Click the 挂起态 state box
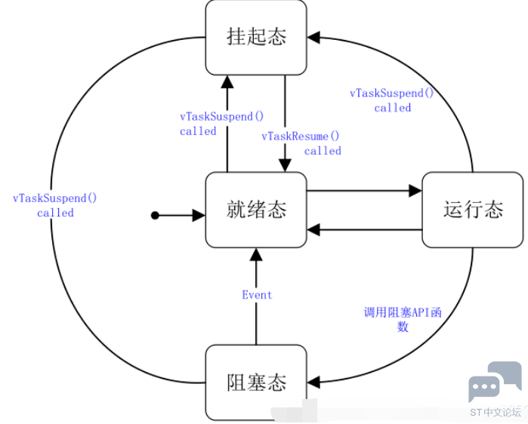click(x=256, y=37)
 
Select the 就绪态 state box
click(x=256, y=209)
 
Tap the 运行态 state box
click(x=473, y=209)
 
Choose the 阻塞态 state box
click(x=256, y=382)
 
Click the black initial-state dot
click(x=155, y=216)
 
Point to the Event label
click(x=257, y=295)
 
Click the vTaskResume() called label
click(x=301, y=143)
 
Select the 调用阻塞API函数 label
click(x=403, y=319)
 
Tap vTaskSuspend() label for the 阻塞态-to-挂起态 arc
click(x=55, y=205)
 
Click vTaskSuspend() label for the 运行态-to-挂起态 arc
click(x=392, y=100)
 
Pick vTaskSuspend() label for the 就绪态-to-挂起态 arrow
click(x=221, y=124)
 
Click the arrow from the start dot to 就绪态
click(x=181, y=216)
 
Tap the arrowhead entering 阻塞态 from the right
click(x=314, y=382)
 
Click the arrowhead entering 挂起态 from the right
click(x=314, y=36)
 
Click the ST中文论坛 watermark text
click(x=495, y=412)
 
